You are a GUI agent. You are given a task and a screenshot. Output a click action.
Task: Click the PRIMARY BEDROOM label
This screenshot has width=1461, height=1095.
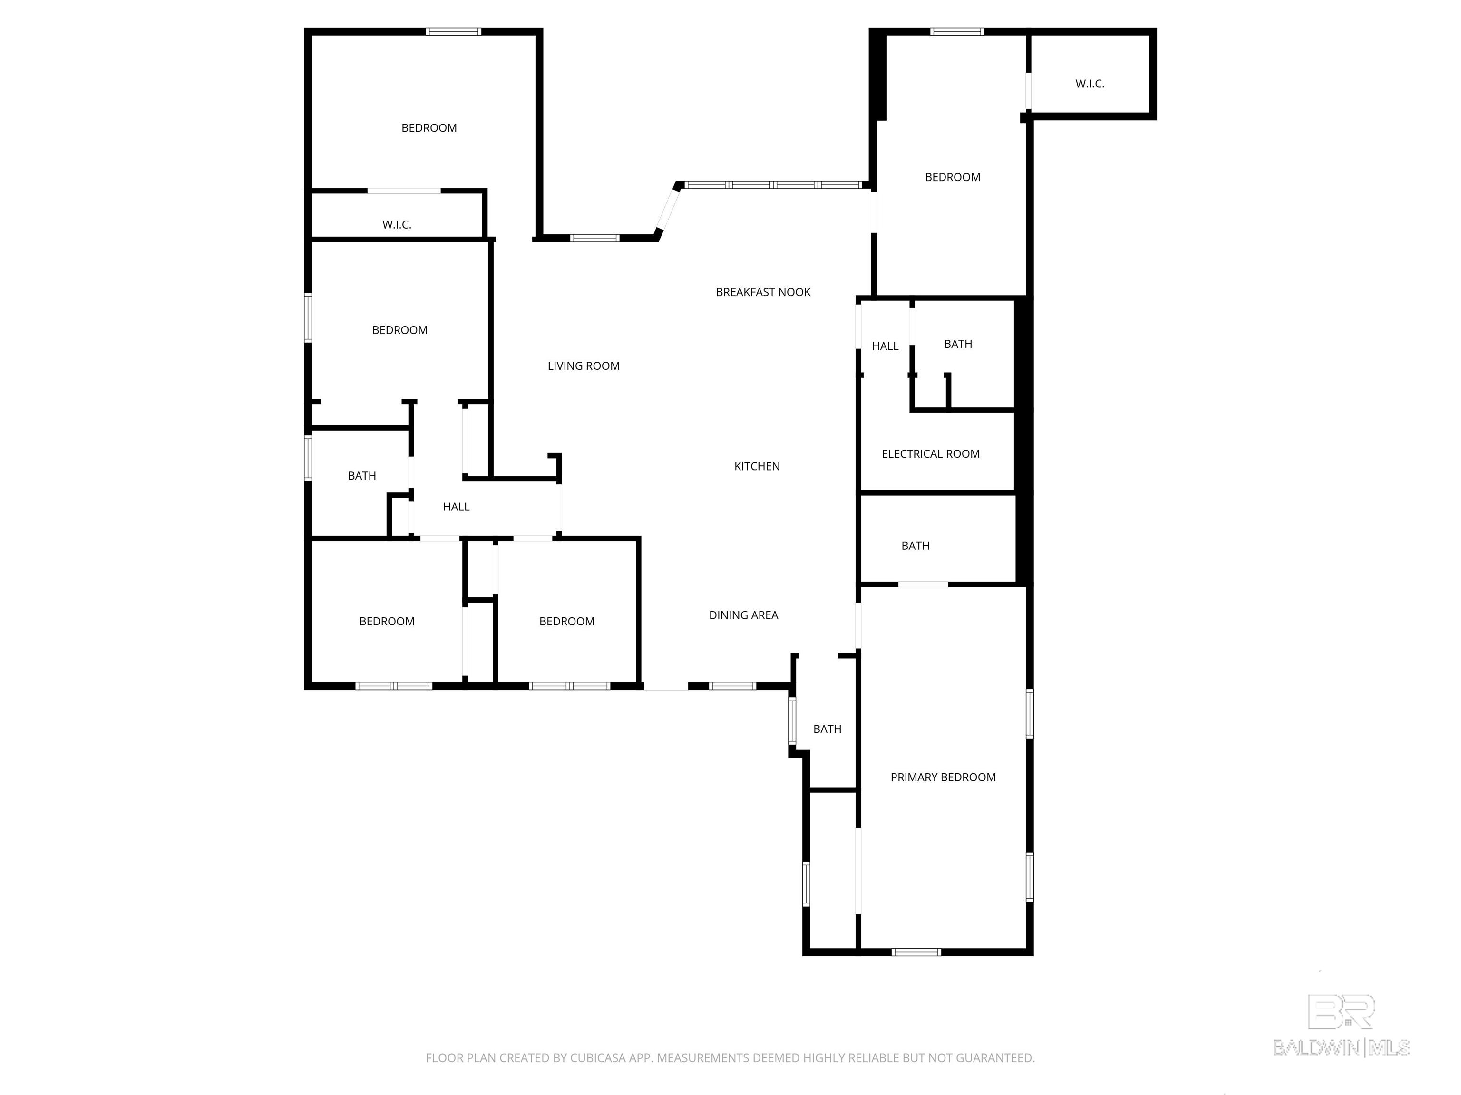943,777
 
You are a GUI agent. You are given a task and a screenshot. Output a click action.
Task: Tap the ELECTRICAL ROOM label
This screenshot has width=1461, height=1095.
930,453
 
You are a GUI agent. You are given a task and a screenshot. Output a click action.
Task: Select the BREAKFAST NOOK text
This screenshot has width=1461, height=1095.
763,292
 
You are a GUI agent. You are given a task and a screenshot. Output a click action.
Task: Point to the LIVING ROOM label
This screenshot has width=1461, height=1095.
583,365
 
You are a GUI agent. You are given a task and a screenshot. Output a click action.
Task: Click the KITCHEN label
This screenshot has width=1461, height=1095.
757,466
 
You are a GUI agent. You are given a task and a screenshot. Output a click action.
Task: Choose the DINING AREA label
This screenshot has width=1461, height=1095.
743,615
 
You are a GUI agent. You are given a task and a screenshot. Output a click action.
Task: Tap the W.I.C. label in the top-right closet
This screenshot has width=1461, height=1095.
1089,84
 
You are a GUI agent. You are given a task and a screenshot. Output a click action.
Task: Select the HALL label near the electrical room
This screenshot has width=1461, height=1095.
885,346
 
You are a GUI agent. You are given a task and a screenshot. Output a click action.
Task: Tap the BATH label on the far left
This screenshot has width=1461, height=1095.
361,475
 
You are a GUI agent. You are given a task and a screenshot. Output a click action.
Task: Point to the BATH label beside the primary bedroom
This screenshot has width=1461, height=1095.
827,729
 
